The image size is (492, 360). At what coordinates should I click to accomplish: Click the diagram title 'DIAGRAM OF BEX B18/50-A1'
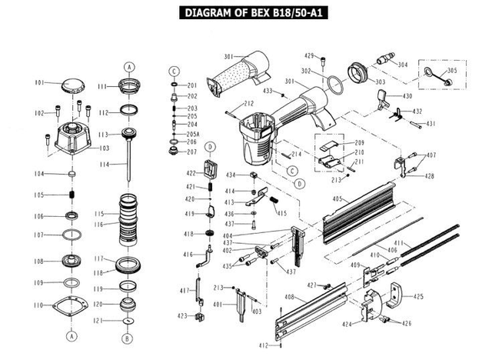click(x=246, y=12)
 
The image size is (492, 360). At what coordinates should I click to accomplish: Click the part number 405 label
click(x=336, y=199)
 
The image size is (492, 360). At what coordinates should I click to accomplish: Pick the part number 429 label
click(x=310, y=55)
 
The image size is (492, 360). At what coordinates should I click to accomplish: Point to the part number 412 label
click(x=264, y=345)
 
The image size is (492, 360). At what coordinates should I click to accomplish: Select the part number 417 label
click(x=184, y=290)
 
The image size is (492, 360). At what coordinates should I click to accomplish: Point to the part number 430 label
click(x=407, y=96)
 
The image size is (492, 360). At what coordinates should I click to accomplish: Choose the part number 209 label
click(x=359, y=144)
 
